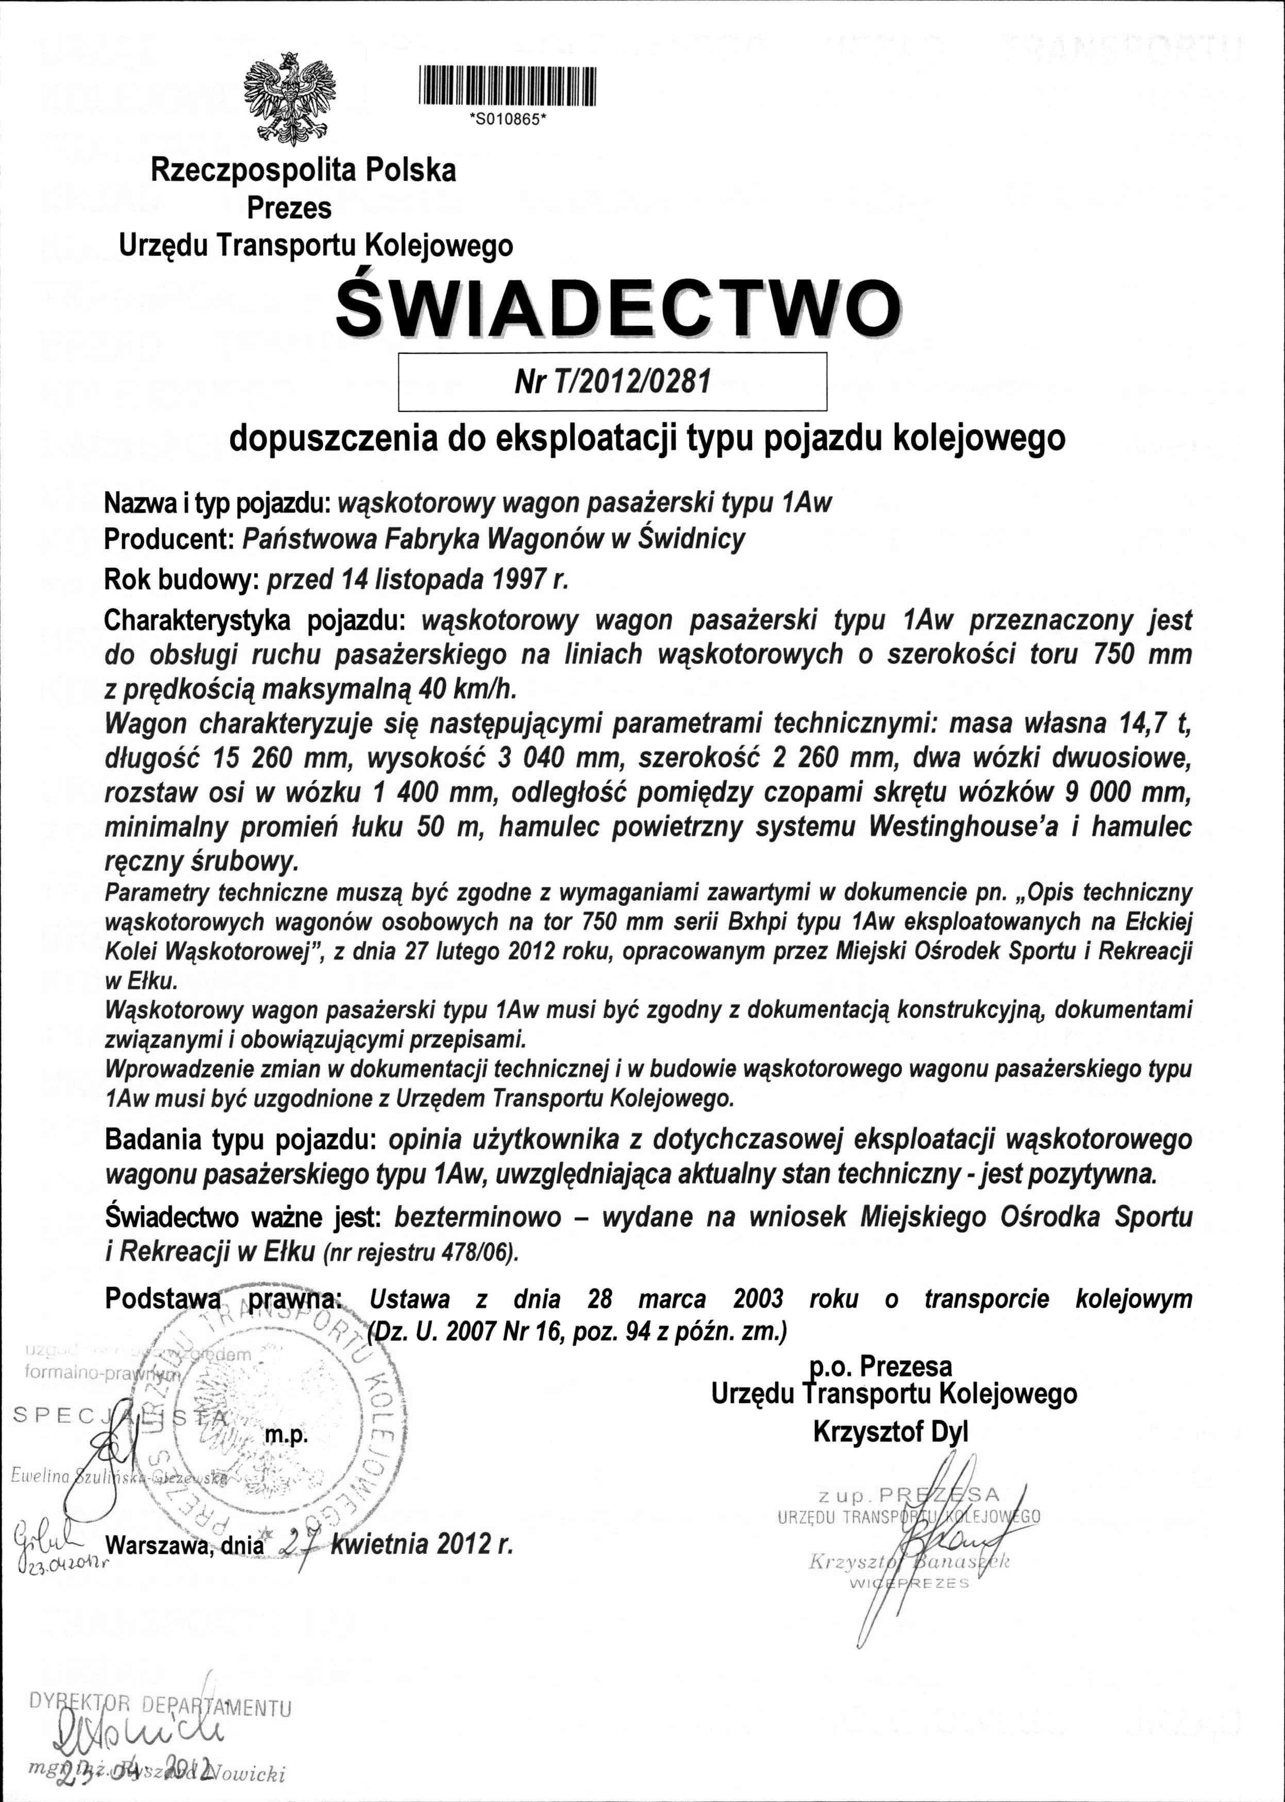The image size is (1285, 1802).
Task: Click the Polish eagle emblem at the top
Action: [290, 99]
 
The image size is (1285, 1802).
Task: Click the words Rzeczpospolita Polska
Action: [303, 170]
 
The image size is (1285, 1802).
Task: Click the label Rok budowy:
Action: [177, 580]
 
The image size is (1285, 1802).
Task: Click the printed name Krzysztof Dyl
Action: [890, 1432]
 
